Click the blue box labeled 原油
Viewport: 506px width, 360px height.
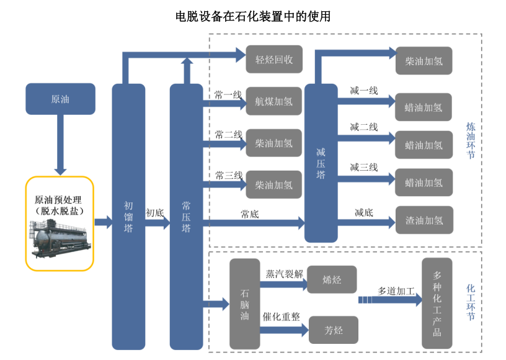[60, 99]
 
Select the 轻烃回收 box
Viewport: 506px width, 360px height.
[274, 60]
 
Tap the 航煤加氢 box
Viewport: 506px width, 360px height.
[274, 102]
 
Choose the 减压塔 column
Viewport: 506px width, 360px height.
[321, 163]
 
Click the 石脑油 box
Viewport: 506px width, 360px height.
[244, 304]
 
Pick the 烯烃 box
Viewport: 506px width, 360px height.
[332, 279]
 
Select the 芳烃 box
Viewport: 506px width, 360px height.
[333, 330]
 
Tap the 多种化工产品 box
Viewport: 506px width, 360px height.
[437, 303]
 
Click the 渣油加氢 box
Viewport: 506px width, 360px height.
[424, 220]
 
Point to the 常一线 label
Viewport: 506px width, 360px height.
[228, 95]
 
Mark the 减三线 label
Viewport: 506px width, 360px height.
[363, 167]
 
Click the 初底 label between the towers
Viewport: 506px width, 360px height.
[154, 213]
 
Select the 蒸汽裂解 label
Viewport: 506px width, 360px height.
[284, 274]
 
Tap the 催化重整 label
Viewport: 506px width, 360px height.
[282, 317]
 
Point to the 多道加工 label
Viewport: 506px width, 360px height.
[396, 290]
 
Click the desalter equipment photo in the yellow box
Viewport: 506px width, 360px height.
[60, 238]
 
